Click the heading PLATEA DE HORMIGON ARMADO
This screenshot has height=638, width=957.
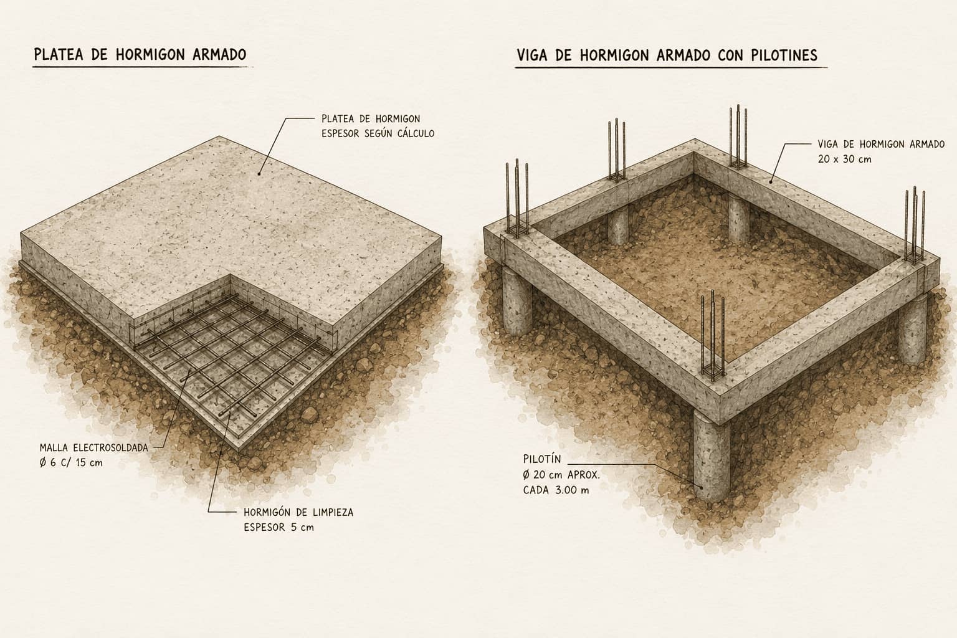point(140,55)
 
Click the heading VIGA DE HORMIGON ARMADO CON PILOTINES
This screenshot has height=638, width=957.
point(667,55)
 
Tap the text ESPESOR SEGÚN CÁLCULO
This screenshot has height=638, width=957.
point(378,133)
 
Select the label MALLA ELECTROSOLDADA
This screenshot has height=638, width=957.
point(94,448)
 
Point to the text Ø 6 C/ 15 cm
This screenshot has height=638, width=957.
point(71,463)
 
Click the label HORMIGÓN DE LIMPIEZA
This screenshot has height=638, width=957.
point(298,512)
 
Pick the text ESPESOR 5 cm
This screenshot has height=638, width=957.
point(279,527)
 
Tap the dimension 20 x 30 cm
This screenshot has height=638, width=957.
point(844,159)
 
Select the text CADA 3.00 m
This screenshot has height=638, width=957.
point(556,490)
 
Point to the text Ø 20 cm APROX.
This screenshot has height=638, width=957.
point(561,475)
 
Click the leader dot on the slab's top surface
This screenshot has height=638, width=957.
point(259,174)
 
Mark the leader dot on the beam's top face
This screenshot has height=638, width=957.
point(771,181)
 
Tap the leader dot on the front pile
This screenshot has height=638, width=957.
point(701,487)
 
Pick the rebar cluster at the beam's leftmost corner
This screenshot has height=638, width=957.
point(517,198)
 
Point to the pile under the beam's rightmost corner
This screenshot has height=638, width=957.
point(913,329)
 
